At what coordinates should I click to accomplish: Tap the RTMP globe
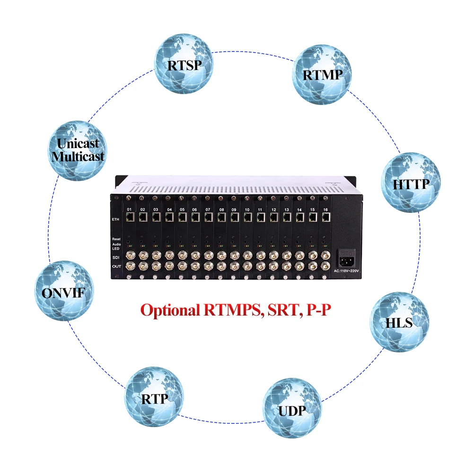[321, 74]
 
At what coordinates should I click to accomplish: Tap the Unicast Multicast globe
[78, 149]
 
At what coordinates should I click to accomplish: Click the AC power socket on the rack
[346, 258]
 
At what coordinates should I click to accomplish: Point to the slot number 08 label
[221, 209]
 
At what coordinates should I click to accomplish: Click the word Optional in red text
[171, 311]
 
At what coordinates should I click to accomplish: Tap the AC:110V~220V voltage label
[346, 271]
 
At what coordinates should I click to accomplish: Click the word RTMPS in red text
[233, 311]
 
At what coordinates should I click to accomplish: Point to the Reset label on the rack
[117, 239]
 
